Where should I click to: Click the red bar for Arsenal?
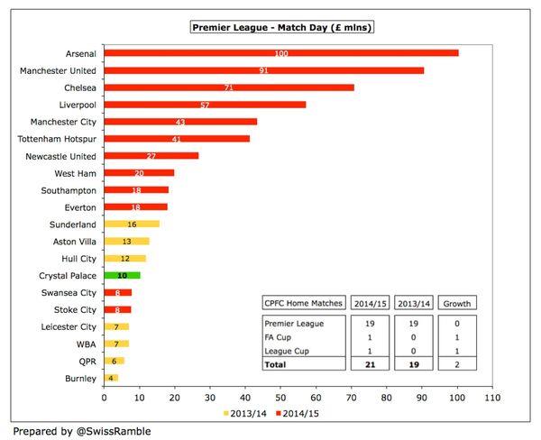pyautogui.click(x=281, y=53)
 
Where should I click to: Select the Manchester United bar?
pyautogui.click(x=263, y=70)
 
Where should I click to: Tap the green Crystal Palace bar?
pyautogui.click(x=122, y=275)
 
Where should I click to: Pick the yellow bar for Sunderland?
pyautogui.click(x=132, y=224)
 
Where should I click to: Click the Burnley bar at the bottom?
pyautogui.click(x=111, y=378)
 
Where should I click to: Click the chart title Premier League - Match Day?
pyautogui.click(x=282, y=28)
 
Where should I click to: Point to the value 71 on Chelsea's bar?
pyautogui.click(x=229, y=87)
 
